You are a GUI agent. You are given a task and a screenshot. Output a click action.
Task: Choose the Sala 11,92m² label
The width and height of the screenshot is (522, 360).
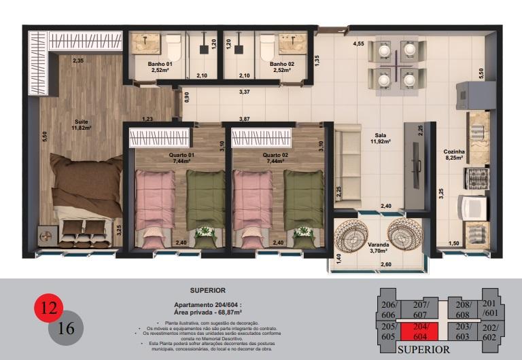tap(380, 139)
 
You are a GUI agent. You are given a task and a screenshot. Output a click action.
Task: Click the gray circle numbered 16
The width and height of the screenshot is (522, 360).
tap(66, 328)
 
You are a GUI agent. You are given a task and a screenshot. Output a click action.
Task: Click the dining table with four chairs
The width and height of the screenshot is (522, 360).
tap(397, 65)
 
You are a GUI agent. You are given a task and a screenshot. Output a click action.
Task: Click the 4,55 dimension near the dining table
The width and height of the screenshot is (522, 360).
tap(358, 44)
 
